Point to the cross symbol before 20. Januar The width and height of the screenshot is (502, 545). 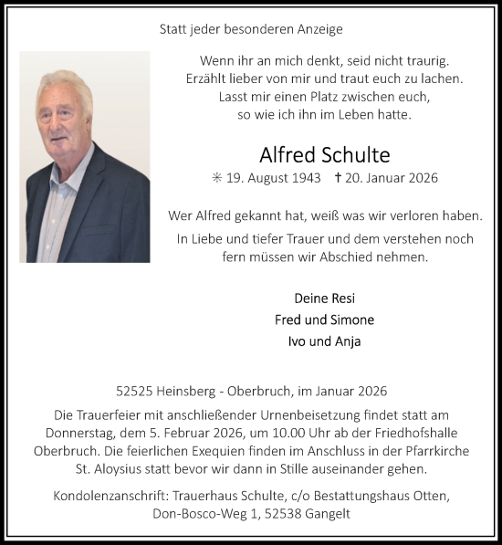pyautogui.click(x=340, y=177)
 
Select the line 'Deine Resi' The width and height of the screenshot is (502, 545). pyautogui.click(x=324, y=299)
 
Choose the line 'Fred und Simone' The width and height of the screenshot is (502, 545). pyautogui.click(x=324, y=320)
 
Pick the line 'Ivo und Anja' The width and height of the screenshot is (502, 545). pyautogui.click(x=324, y=342)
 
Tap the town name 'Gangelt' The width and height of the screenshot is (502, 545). pyautogui.click(x=328, y=515)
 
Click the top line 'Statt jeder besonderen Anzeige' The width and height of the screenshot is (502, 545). pyautogui.click(x=251, y=29)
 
